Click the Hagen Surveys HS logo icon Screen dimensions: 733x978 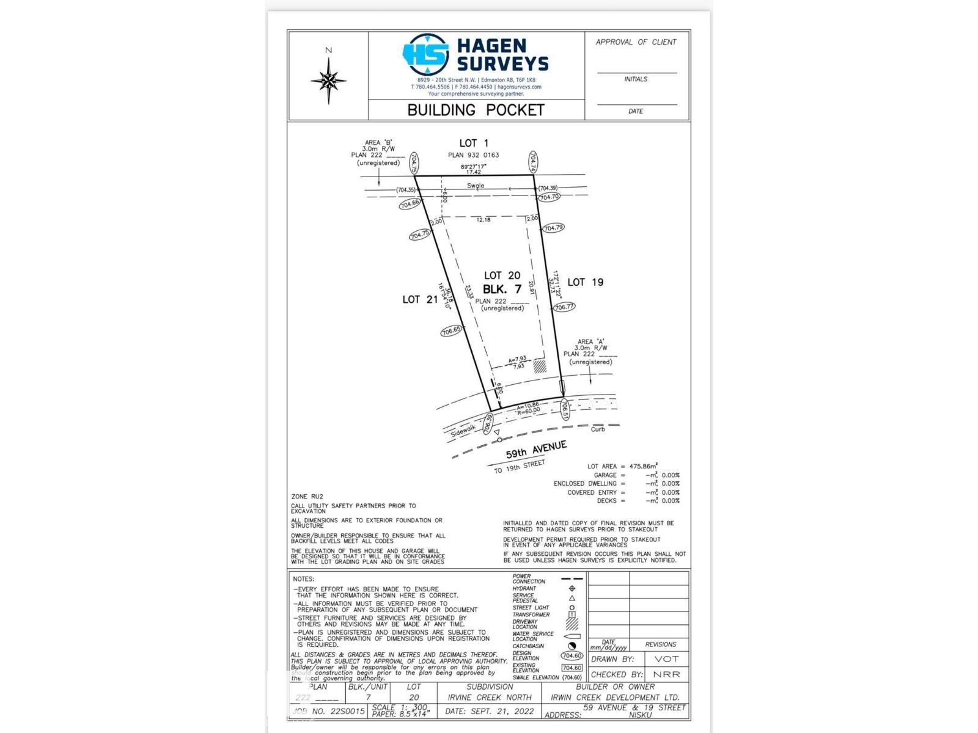coord(426,55)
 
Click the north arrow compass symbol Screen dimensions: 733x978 coord(328,80)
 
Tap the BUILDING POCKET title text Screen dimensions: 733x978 coord(476,110)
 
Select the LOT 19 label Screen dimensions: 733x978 coord(585,282)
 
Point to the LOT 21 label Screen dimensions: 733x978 coord(420,299)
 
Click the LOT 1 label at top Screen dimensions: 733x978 coord(474,143)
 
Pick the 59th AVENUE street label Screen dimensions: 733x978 coord(536,450)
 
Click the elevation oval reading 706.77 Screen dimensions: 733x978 coord(564,307)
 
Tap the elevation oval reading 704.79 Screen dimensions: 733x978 coord(553,228)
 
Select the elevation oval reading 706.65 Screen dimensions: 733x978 coord(451,330)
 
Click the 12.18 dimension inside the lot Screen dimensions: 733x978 coord(483,219)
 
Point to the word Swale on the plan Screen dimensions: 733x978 coord(476,186)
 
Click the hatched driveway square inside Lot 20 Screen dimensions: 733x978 coord(540,366)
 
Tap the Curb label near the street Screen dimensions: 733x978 coord(598,429)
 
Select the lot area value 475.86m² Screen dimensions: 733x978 coord(643,466)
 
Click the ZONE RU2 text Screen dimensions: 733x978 coord(307,497)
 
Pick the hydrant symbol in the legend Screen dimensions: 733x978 coord(572,588)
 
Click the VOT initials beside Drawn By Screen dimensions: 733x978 coord(666,659)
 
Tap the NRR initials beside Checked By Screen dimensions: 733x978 coord(666,674)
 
